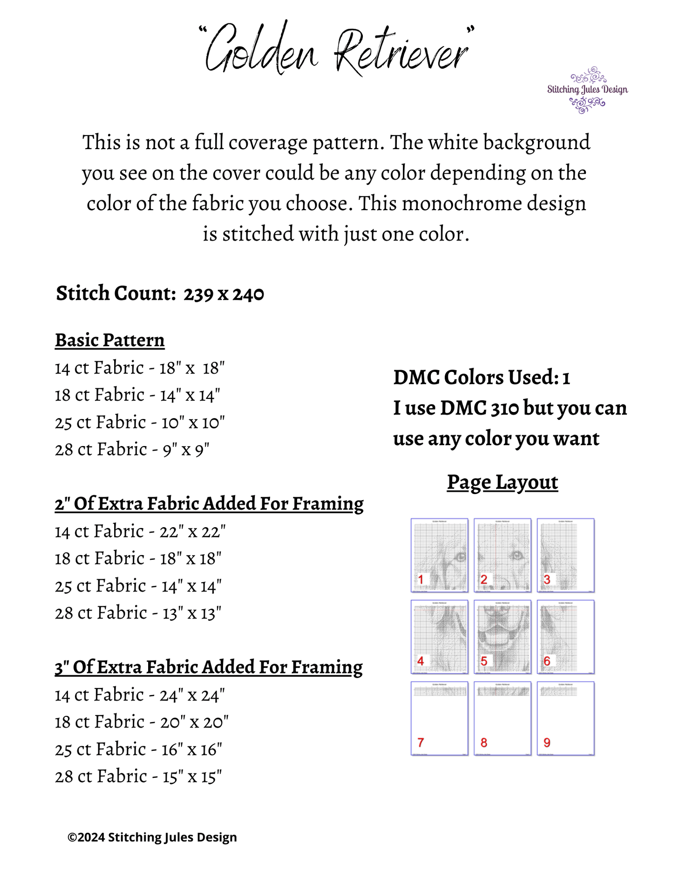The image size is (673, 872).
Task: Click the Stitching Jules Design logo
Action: [x=587, y=90]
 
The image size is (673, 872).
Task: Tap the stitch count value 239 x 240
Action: [x=224, y=294]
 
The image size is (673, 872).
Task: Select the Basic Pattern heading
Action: [x=110, y=340]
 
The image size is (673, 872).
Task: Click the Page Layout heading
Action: [x=503, y=482]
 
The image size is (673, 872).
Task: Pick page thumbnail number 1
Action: [x=439, y=555]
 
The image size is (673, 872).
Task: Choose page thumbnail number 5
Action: [x=503, y=637]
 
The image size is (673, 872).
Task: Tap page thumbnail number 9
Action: [x=566, y=718]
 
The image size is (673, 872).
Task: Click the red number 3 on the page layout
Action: [x=547, y=579]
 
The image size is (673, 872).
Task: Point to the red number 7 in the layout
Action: [x=421, y=742]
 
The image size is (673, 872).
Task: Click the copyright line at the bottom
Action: [x=152, y=838]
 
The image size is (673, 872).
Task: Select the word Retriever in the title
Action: [x=401, y=52]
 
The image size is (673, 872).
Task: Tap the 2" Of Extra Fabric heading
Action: [x=209, y=504]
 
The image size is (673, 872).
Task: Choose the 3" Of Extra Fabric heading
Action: [x=209, y=667]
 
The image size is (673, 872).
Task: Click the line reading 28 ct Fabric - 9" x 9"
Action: [x=132, y=450]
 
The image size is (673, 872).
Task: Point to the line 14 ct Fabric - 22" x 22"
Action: [x=140, y=531]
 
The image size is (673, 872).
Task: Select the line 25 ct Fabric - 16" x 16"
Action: [x=138, y=749]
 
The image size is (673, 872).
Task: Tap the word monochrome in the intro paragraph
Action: [x=462, y=204]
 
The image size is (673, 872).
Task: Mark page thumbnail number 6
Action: [x=566, y=637]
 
